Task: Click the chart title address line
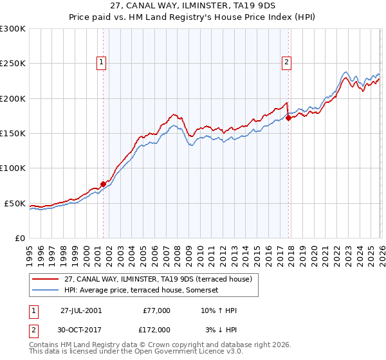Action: [x=193, y=6]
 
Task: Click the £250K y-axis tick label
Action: [x=13, y=64]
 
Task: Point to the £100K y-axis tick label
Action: [x=13, y=168]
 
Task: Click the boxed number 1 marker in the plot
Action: [x=102, y=62]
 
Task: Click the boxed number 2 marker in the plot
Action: [x=286, y=62]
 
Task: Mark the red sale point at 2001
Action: [x=103, y=184]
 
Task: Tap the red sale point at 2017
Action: [x=288, y=118]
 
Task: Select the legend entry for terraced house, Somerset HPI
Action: [x=142, y=290]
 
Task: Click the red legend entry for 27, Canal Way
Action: [x=161, y=278]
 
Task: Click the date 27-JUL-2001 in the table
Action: [x=81, y=310]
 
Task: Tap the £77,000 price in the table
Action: [x=157, y=310]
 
